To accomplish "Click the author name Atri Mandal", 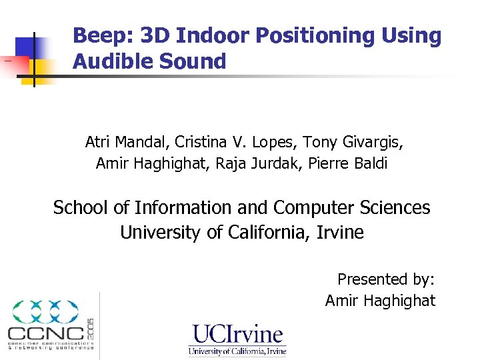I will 126,142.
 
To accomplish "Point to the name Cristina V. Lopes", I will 236,142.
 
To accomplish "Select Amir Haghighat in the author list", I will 153,163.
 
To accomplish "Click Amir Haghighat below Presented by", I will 380,301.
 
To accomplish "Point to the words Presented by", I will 386,279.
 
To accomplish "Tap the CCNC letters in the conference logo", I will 45,333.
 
